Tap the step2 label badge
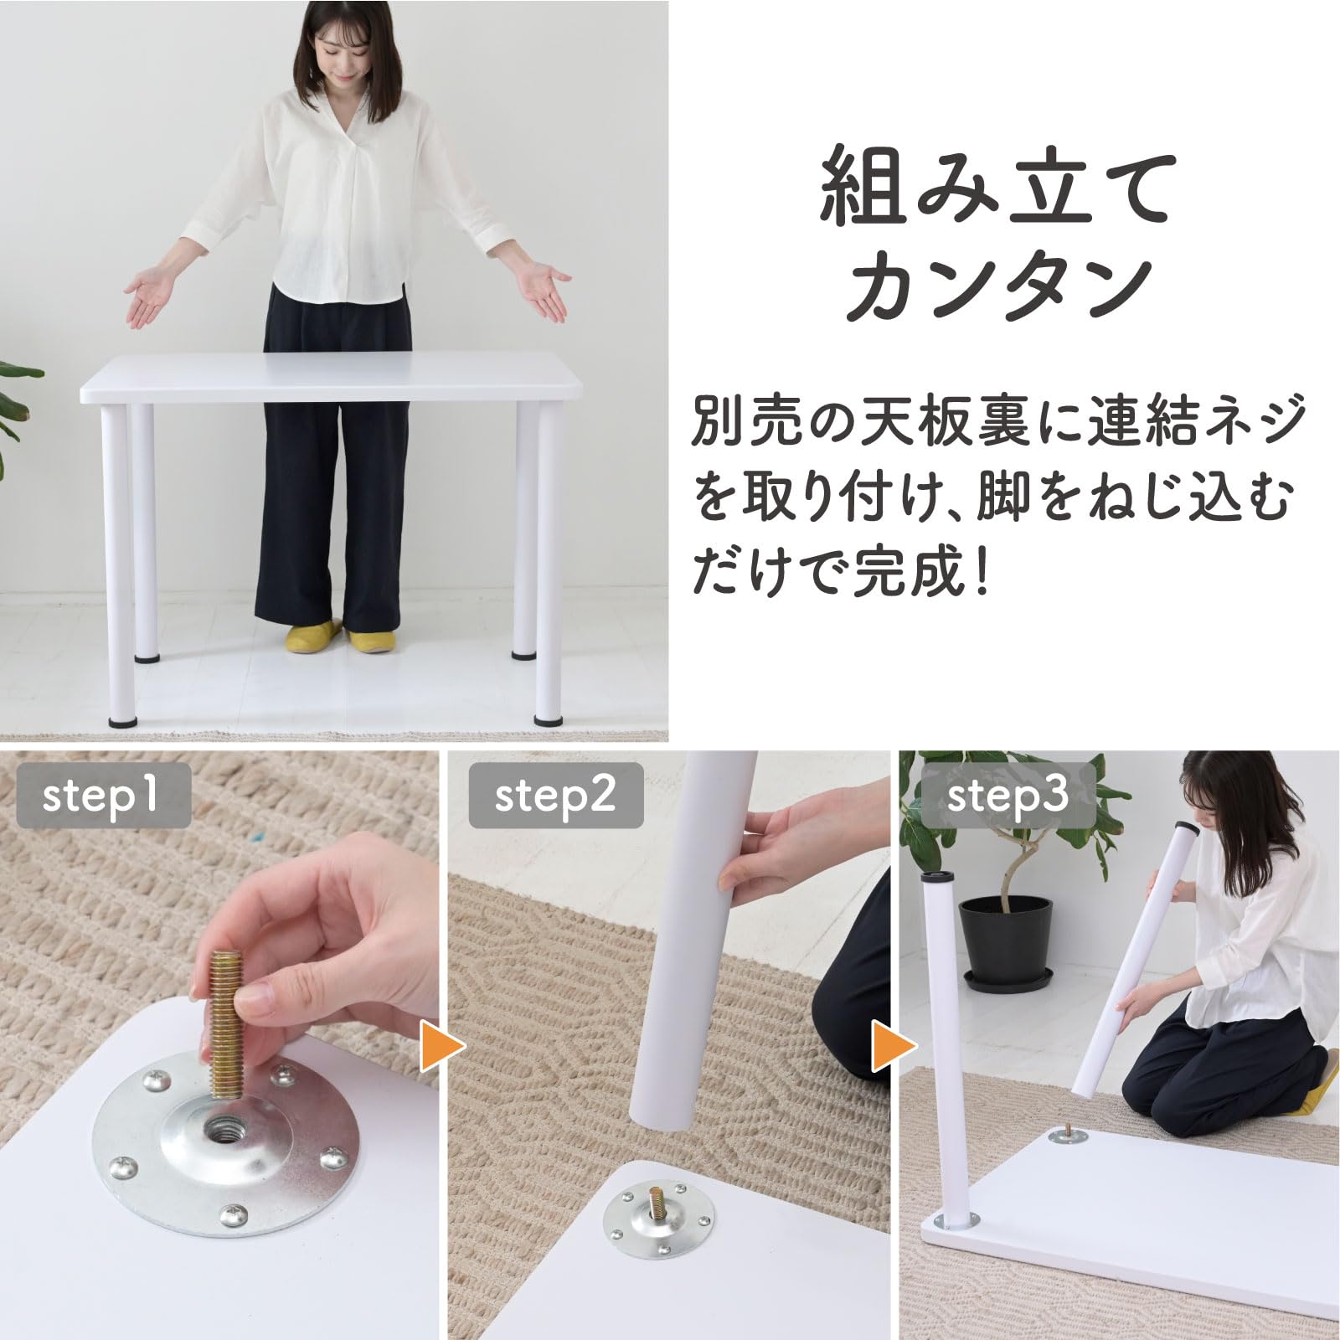click(x=555, y=794)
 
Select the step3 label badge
click(x=1008, y=794)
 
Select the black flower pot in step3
click(x=1005, y=942)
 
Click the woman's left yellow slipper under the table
click(x=312, y=638)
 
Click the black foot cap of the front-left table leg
click(x=123, y=719)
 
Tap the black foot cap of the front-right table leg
click(x=549, y=719)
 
